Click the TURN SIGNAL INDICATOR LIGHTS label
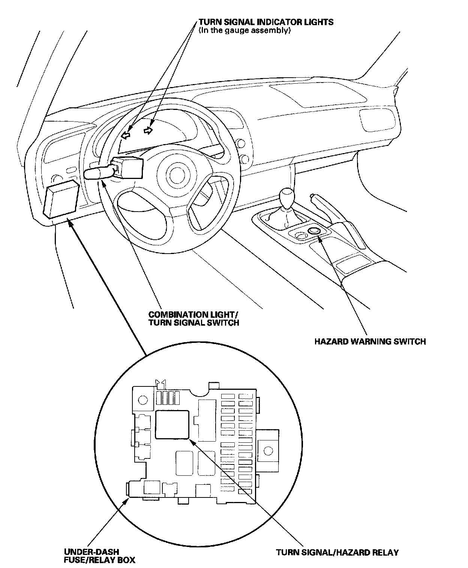coord(265,22)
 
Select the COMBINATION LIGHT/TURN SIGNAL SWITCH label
coord(193,319)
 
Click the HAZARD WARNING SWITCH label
coord(370,341)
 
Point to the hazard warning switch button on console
coord(314,231)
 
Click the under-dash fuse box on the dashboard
coord(61,198)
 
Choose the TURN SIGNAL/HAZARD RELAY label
coord(337,552)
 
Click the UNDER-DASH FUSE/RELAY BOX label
coord(99,556)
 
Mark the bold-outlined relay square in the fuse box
coord(172,424)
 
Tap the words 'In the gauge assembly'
coord(245,30)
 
